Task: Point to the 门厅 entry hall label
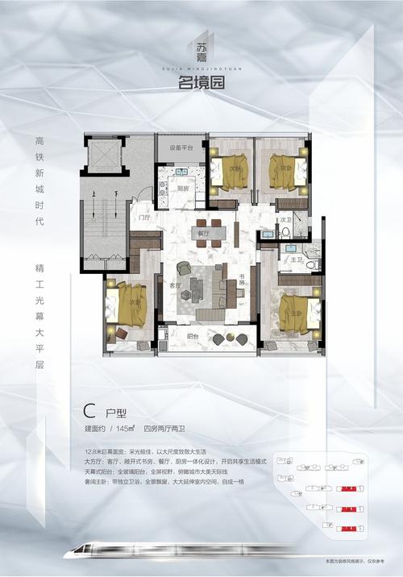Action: (x=144, y=218)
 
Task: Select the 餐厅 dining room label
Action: (x=204, y=234)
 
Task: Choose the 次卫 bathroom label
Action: (x=284, y=219)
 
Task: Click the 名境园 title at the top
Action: (x=201, y=81)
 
